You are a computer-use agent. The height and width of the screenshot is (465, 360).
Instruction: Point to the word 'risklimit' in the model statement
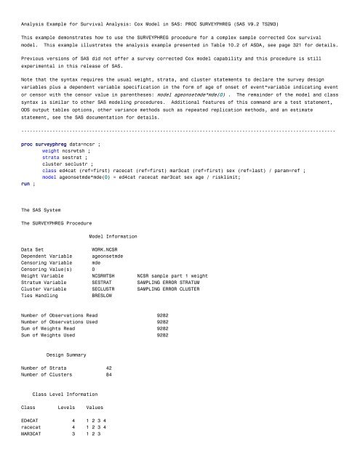236,178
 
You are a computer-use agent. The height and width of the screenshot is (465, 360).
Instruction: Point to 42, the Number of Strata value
109,368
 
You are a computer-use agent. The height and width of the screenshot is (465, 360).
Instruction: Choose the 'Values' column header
95,407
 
